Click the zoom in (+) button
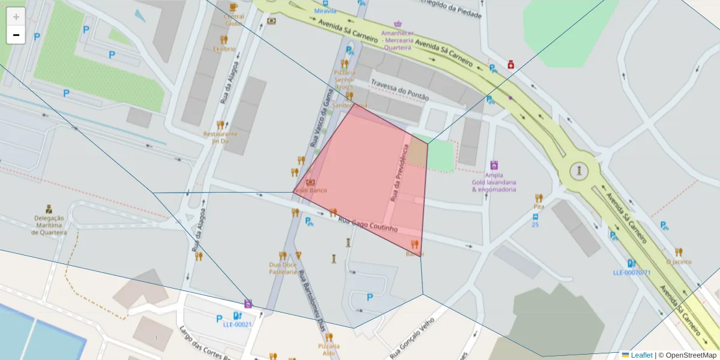coord(16,17)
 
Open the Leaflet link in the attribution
coord(641,355)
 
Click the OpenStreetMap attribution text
coord(687,355)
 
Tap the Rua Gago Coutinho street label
coord(368,225)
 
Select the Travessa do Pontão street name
coord(400,89)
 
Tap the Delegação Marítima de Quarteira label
coord(50,225)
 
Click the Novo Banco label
coord(311,190)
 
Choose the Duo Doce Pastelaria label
coord(283,268)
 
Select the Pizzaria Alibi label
coord(329,350)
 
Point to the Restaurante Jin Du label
coord(220,137)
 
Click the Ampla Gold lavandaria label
coord(494,182)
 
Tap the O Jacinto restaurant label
coord(679,262)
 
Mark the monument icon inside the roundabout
coord(578,170)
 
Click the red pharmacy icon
coord(511,64)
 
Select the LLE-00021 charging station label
coord(237,325)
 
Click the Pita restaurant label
coord(539,206)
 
